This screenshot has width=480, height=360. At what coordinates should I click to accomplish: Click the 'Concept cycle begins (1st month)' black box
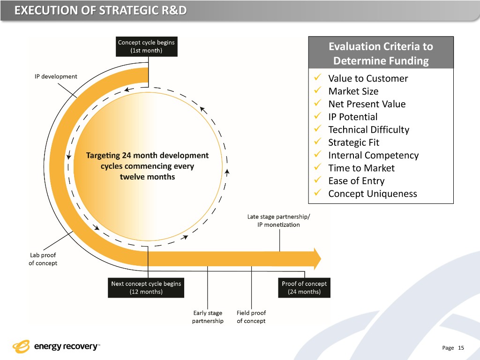click(146, 47)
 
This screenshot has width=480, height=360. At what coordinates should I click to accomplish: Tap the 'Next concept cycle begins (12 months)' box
click(146, 288)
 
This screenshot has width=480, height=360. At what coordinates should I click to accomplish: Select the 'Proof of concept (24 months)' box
click(304, 288)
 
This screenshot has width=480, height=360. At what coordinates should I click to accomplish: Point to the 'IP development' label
click(56, 76)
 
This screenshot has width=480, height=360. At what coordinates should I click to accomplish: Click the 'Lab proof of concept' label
click(43, 259)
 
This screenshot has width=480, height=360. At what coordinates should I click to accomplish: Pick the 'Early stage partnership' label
click(208, 317)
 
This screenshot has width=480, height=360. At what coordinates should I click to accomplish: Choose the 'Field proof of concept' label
click(251, 317)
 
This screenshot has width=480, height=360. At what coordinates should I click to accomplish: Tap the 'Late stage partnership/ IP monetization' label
click(278, 220)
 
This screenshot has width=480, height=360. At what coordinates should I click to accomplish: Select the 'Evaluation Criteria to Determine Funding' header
click(381, 53)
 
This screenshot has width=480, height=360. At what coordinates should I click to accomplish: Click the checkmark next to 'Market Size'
click(318, 91)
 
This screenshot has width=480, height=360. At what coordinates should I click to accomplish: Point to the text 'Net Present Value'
click(367, 104)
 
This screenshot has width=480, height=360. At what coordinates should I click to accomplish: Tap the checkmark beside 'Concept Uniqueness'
click(318, 194)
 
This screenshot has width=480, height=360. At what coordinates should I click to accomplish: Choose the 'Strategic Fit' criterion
click(353, 142)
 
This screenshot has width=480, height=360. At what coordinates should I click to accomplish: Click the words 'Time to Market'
click(361, 168)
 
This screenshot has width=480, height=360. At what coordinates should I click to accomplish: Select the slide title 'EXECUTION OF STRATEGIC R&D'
click(100, 10)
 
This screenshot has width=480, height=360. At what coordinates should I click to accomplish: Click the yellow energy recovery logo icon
click(21, 346)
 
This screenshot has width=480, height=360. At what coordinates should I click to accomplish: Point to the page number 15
click(461, 348)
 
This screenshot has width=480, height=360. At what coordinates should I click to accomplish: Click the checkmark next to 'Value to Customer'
click(318, 78)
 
